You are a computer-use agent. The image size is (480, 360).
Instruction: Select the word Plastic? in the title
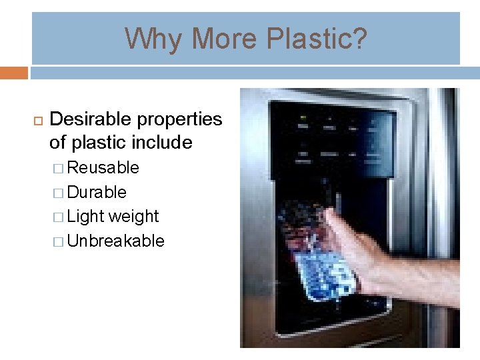316,39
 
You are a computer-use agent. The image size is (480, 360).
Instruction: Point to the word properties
179,119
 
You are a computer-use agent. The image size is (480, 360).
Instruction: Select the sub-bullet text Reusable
103,167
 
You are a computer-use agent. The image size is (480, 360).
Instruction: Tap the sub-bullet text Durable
97,192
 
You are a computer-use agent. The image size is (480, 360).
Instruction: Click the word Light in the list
85,217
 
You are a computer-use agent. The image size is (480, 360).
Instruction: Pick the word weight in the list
134,217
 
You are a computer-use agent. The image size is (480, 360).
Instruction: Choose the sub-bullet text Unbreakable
116,241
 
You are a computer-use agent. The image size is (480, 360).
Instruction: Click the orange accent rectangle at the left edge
13,72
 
